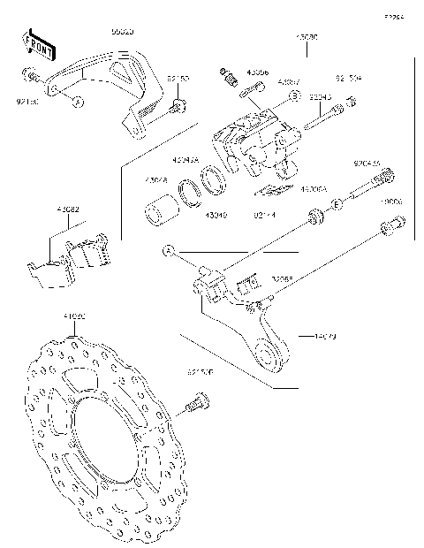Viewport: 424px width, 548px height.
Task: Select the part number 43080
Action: tap(307, 38)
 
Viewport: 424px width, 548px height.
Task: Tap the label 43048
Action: tap(156, 180)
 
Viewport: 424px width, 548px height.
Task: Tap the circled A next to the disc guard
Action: tap(77, 103)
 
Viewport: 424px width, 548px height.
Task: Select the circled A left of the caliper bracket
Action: tap(166, 251)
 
